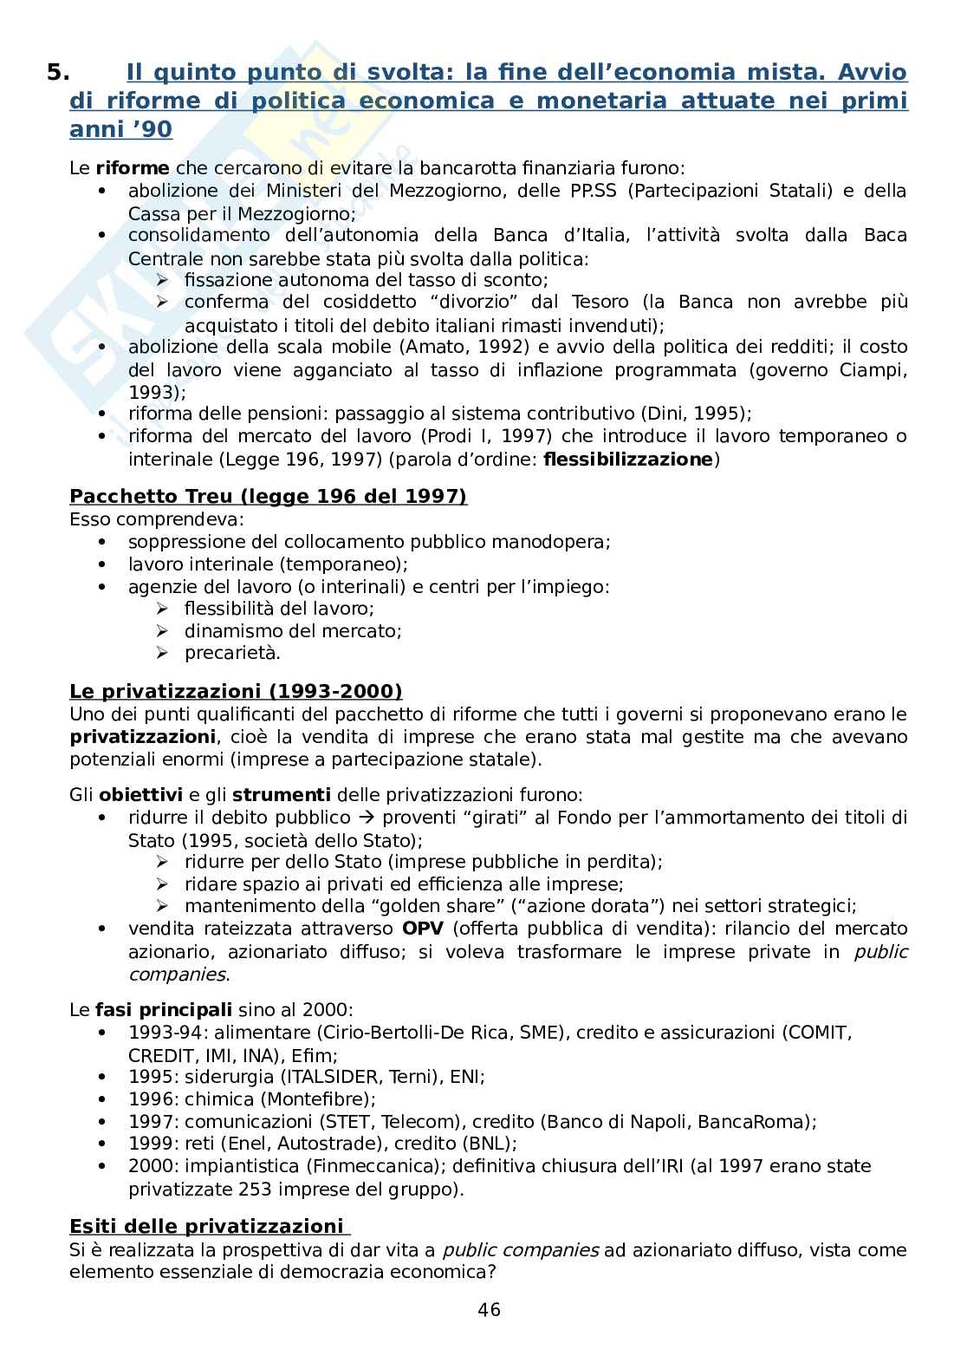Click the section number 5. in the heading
point(57,73)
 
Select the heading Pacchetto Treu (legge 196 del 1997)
point(268,496)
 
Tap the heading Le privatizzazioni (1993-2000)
point(236,691)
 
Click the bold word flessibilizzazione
point(626,460)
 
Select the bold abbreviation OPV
point(423,929)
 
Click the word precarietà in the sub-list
point(231,653)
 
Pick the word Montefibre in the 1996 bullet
point(327,1099)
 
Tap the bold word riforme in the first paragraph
point(132,168)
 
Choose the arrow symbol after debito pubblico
point(367,818)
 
